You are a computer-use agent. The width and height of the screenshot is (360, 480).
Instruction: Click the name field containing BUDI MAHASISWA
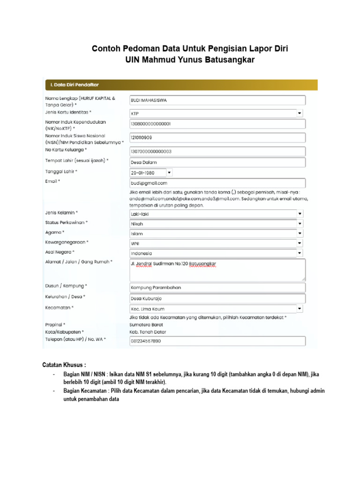(217, 100)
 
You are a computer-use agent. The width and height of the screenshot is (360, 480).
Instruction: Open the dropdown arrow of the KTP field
(299, 113)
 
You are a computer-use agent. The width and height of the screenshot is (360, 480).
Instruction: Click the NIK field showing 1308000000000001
(217, 124)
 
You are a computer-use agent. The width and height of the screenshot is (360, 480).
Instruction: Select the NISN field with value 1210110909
(217, 137)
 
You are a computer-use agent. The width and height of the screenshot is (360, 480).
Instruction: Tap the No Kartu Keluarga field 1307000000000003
(217, 151)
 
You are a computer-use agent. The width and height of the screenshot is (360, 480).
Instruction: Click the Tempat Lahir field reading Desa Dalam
(217, 162)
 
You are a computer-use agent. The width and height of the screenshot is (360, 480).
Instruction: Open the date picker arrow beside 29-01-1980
(169, 172)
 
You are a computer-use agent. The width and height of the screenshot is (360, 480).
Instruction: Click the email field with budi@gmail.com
(217, 183)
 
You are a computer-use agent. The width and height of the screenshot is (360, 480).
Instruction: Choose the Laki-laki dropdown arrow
(299, 214)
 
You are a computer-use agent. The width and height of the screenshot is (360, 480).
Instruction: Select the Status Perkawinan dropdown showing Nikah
(216, 224)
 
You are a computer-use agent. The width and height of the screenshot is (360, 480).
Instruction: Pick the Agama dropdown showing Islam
(216, 233)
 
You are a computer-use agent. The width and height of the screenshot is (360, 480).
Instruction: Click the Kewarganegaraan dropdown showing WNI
(216, 243)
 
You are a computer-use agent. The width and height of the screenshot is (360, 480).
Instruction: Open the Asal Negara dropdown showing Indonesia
(216, 253)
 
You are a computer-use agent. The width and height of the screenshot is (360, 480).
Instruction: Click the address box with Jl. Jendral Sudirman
(217, 270)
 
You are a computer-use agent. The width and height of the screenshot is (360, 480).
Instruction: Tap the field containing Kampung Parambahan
(217, 287)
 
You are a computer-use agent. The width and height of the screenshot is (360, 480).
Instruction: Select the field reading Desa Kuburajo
(217, 298)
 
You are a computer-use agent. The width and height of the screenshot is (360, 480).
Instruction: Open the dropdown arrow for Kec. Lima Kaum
(299, 308)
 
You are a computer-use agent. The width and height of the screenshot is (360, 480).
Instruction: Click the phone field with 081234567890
(217, 341)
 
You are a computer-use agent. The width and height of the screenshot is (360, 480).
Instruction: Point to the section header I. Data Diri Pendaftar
(75, 85)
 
